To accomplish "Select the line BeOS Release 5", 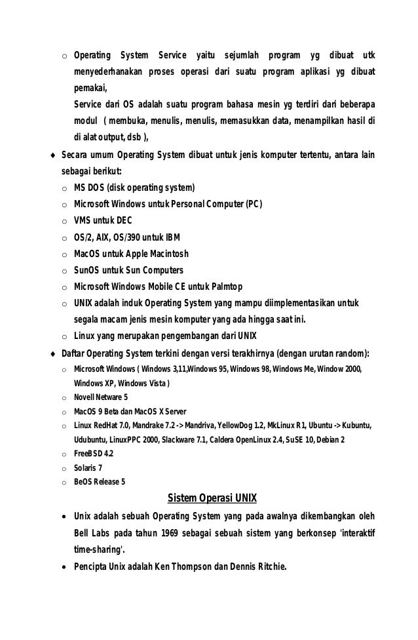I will (x=100, y=481).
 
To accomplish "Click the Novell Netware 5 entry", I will (x=101, y=397).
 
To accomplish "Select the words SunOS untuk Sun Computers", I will (x=128, y=270).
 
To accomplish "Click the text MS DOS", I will (x=90, y=188).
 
